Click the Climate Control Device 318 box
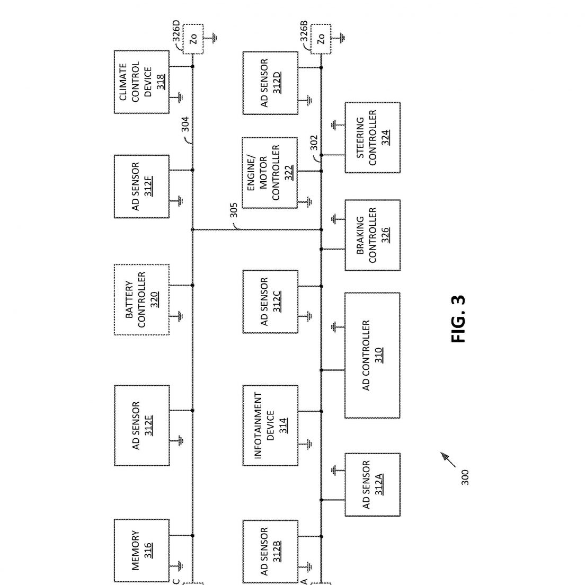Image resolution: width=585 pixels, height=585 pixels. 142,82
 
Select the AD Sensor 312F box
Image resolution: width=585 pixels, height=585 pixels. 142,187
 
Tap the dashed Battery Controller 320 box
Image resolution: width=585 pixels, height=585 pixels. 142,299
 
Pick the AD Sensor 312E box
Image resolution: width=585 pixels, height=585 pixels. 142,426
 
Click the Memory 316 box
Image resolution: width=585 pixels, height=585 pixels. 142,551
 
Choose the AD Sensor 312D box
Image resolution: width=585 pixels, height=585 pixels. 270,83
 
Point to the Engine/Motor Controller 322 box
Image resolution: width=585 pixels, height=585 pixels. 270,173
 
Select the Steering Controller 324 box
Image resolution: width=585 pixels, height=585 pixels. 373,137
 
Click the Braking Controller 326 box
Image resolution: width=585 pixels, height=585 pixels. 373,235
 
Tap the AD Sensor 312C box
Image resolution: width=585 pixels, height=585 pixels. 270,302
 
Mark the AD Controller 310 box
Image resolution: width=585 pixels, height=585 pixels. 373,355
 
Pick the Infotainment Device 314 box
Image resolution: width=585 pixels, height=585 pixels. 270,426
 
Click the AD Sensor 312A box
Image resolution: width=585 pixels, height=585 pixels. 373,485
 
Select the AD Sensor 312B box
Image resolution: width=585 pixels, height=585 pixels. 270,552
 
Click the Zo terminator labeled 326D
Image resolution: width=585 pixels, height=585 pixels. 193,39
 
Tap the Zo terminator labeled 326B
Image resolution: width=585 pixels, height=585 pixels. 321,39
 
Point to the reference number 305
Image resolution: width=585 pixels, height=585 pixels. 234,210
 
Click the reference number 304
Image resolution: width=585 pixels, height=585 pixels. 185,124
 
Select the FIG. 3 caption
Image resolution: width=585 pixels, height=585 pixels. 458,319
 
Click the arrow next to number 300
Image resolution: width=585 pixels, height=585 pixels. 448,459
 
